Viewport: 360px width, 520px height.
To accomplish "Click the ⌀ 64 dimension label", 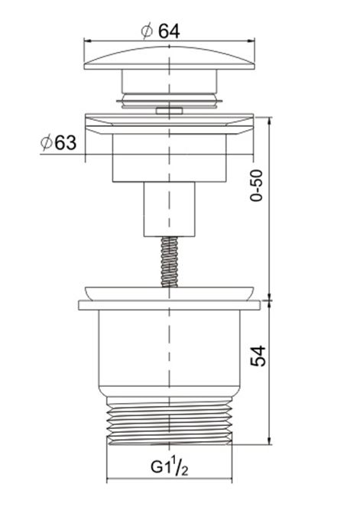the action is [161, 31].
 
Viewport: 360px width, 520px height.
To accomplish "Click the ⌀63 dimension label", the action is [58, 142].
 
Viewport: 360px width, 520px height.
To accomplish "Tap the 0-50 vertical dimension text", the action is [256, 185].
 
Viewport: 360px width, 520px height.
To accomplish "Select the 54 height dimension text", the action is [258, 356].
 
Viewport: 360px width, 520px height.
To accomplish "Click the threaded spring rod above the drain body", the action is [169, 262].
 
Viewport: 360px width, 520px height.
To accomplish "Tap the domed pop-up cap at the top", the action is [170, 57].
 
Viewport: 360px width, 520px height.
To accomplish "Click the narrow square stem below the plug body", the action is [169, 210].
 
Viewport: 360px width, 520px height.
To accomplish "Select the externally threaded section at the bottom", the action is [170, 421].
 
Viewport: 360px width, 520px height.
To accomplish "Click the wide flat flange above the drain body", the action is [170, 305].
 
